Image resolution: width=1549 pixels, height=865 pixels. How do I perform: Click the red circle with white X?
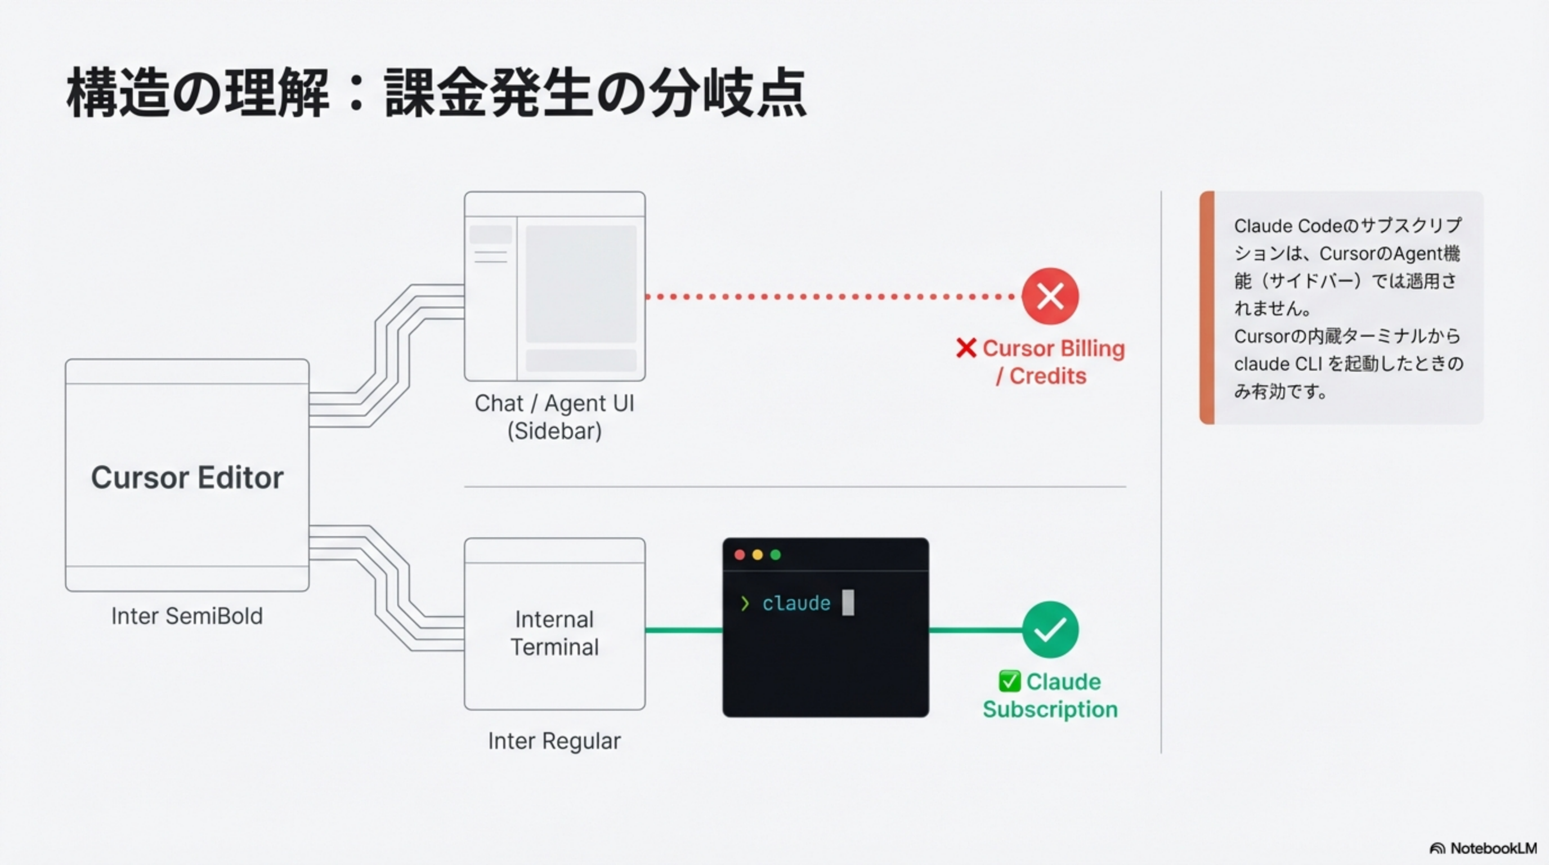(x=1050, y=296)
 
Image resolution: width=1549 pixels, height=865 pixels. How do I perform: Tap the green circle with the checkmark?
(x=1050, y=630)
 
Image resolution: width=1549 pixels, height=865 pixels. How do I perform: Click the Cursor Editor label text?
(x=187, y=478)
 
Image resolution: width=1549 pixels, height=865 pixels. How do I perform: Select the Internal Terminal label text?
(x=554, y=633)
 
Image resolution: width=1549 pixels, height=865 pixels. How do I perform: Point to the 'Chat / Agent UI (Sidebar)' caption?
(x=554, y=416)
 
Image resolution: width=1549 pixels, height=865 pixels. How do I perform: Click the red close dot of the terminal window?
(x=740, y=555)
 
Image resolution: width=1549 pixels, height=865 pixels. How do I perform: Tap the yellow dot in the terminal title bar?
(x=758, y=555)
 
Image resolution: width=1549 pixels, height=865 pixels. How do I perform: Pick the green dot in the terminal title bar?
(x=776, y=555)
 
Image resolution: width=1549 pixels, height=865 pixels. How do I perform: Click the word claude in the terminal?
(x=796, y=603)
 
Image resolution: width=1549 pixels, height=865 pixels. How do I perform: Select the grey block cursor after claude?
(x=848, y=603)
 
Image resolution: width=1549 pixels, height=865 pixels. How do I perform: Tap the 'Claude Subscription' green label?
(x=1050, y=695)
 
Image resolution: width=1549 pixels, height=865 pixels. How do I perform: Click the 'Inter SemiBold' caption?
(x=187, y=616)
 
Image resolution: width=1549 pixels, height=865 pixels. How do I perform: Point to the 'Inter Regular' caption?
(x=554, y=741)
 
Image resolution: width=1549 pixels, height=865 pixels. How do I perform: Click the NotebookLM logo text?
(x=1493, y=848)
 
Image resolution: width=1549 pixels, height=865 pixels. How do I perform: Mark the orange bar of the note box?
(x=1207, y=307)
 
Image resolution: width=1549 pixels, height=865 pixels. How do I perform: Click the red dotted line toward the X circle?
(x=830, y=297)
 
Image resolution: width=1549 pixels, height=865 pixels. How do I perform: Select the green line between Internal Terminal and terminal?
(x=684, y=630)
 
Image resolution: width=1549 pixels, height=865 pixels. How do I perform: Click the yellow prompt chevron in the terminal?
(x=745, y=603)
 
